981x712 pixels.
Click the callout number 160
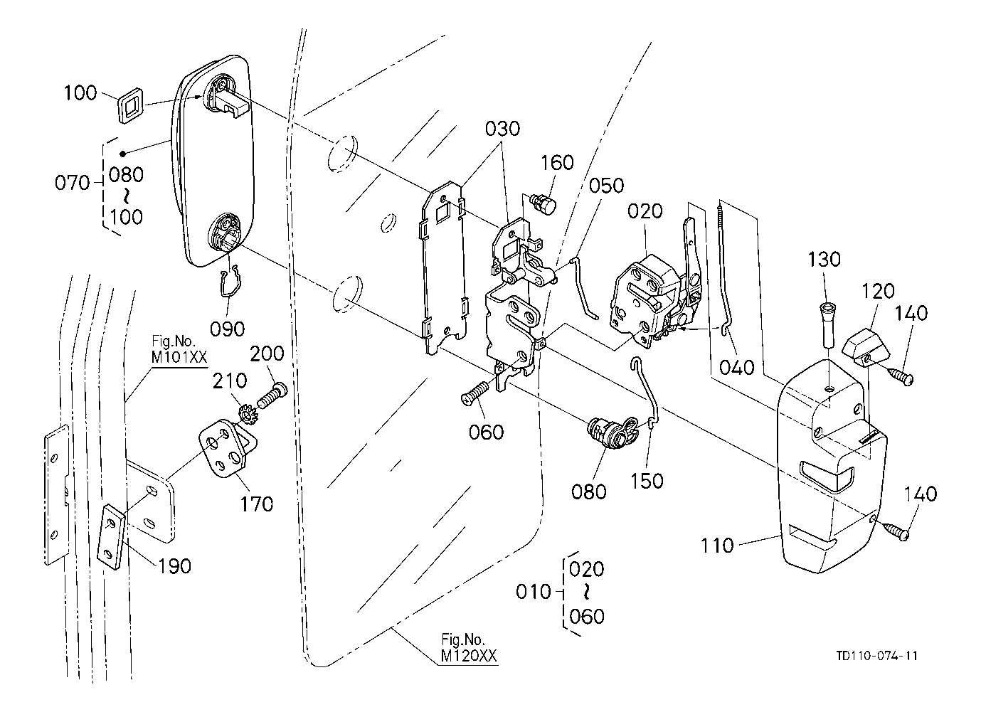coord(556,163)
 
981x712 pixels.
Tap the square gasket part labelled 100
coord(129,105)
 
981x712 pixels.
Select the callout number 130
coord(824,259)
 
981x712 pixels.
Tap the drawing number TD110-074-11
coord(877,655)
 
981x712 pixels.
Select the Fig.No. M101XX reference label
coord(178,350)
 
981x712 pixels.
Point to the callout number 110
coord(716,546)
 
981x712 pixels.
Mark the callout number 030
coord(502,129)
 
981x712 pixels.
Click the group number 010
coord(534,592)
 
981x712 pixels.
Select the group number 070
coord(73,183)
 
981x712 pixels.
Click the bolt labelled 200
coord(271,395)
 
